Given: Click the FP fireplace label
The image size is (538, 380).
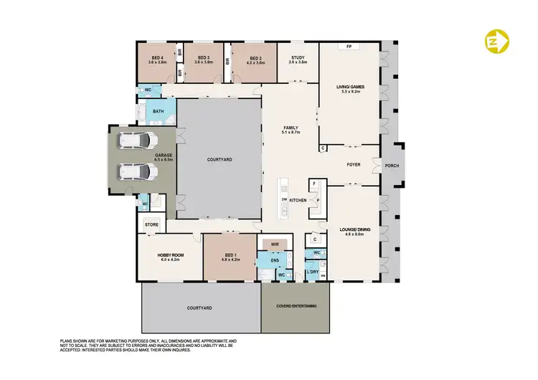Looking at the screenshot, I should [349, 46].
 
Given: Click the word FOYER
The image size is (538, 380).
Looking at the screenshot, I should [354, 165].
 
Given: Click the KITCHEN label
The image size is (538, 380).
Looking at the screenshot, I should [298, 200].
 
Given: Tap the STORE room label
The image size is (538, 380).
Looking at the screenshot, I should [151, 225].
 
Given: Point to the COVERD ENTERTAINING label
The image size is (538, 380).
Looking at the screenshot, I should [296, 306].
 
